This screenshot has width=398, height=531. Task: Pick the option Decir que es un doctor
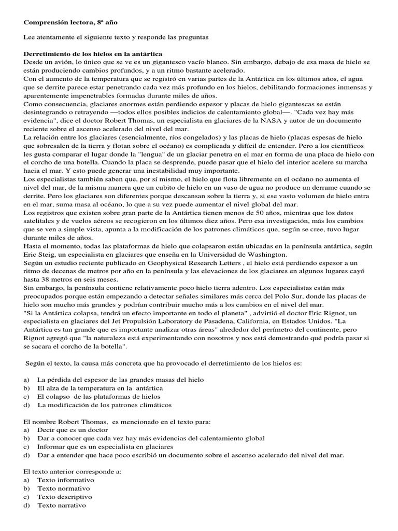coord(73,430)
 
